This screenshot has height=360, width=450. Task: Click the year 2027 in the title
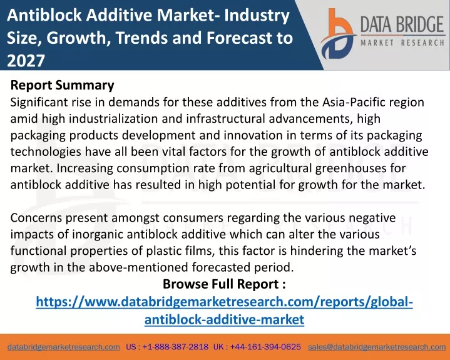(x=26, y=61)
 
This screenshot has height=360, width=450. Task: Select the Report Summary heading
(x=63, y=85)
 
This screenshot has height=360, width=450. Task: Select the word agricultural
(x=280, y=168)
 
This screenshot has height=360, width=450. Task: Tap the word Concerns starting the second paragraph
(x=36, y=218)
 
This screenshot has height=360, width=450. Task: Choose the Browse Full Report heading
(x=224, y=284)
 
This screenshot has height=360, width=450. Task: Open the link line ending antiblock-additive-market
(x=224, y=319)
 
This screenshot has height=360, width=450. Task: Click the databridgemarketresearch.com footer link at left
(x=64, y=347)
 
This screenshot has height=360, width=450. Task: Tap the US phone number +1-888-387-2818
(x=175, y=347)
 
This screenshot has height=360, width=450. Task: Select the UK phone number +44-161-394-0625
(x=265, y=347)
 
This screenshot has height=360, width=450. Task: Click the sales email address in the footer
(x=377, y=347)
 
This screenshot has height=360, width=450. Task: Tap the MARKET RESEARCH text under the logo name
(x=402, y=43)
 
